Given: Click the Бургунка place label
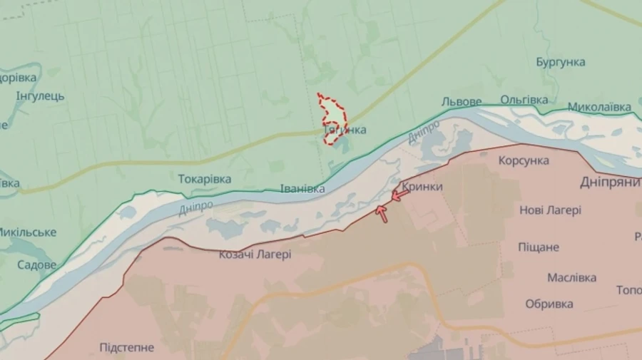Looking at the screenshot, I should click(x=561, y=62).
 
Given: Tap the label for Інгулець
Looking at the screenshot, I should click(x=40, y=96).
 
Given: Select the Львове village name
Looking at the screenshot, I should click(x=462, y=102).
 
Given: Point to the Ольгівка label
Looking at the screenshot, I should click(x=524, y=101).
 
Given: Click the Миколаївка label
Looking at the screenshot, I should click(x=599, y=108).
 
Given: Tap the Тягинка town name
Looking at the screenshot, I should click(x=345, y=130).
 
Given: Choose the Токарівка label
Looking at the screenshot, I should click(x=204, y=179).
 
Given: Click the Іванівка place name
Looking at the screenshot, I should click(x=302, y=189).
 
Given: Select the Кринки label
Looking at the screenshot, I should click(x=422, y=187).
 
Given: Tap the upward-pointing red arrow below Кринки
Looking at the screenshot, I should click(x=382, y=212).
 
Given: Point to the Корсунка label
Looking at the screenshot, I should click(x=524, y=160).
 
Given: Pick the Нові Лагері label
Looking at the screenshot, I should click(x=550, y=210).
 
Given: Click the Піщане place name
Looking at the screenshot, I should click(x=539, y=247).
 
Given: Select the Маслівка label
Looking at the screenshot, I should click(x=571, y=277).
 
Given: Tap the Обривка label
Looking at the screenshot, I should click(x=549, y=304).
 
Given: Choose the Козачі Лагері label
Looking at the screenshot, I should click(x=255, y=254).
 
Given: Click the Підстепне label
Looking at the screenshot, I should click(x=126, y=348).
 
